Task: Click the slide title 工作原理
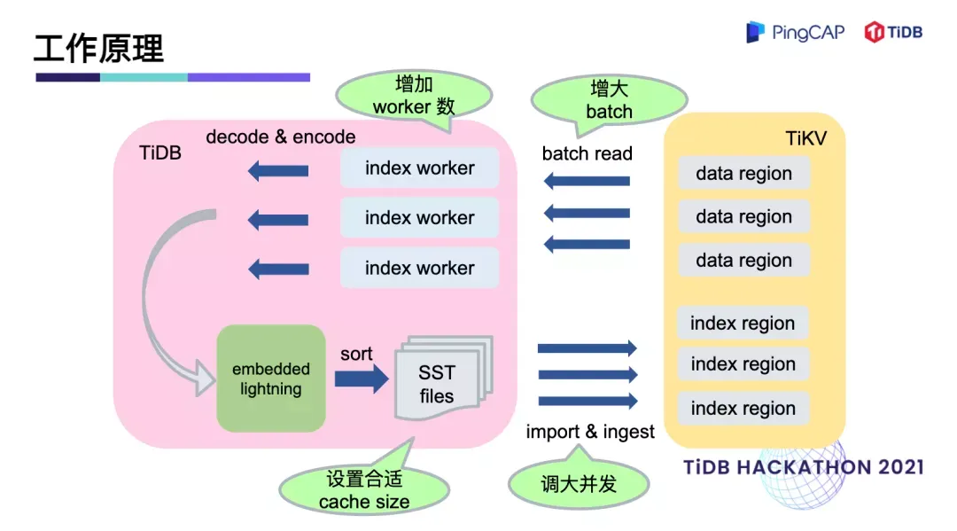pos(99,48)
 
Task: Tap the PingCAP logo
pos(795,33)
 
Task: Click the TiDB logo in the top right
pos(893,33)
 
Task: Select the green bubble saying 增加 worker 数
pos(413,96)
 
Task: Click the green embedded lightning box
pos(271,379)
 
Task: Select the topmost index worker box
pos(419,168)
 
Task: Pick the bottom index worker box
pos(419,268)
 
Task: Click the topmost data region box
pos(743,174)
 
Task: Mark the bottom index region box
pos(743,409)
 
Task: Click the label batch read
pos(587,153)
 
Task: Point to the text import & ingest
pos(590,432)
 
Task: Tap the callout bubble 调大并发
pos(579,484)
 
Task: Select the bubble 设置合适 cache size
pos(364,489)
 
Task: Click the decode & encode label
pos(281,137)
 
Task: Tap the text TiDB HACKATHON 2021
pos(804,467)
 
